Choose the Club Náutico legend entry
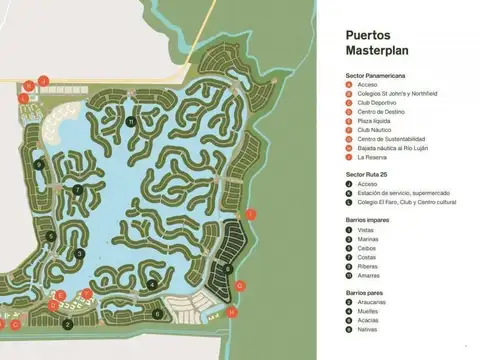(375, 129)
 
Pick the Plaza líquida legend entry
(375, 120)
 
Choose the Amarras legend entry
(369, 275)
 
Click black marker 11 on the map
(131, 122)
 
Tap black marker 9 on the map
(38, 164)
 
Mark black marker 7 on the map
(77, 188)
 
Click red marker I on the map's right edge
(251, 214)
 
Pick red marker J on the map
(43, 80)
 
